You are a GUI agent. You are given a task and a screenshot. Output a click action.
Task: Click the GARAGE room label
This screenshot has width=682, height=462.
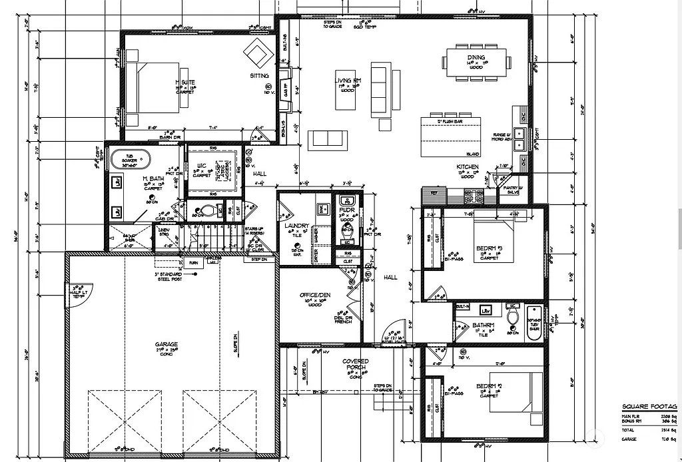pos(167,344)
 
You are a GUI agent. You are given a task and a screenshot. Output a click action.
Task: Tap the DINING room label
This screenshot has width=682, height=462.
pos(476,58)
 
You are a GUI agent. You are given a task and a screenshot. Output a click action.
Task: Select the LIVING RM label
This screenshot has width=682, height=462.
pos(347,81)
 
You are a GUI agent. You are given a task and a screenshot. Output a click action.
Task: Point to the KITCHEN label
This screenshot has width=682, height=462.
pos(467,166)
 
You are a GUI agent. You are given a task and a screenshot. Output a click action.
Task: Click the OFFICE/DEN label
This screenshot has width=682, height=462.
pos(315,295)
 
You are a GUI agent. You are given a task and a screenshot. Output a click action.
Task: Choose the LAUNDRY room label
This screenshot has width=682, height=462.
pos(296,226)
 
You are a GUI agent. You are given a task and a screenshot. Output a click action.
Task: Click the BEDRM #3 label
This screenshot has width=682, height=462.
pos(490,248)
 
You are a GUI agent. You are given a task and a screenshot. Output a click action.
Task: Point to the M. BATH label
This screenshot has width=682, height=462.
pos(153,179)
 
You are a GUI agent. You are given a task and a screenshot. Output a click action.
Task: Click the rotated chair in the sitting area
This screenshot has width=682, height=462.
pos(258,51)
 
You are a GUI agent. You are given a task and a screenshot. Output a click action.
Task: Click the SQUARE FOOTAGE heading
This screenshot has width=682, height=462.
pos(649,406)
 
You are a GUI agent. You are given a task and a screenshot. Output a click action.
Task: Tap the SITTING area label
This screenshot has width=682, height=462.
pos(259,76)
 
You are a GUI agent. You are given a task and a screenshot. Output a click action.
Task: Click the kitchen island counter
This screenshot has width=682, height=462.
pos(450,136)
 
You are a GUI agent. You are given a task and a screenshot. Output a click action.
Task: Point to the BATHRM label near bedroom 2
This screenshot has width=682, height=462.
pos(482,326)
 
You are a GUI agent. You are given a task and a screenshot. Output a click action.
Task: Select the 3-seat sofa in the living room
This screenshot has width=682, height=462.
pos(378,89)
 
